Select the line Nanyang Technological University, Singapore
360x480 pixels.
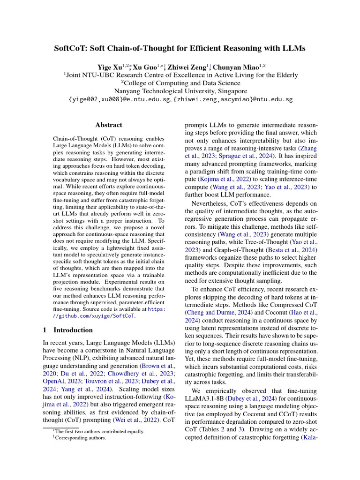[x=180, y=91]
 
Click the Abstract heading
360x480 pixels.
[x=109, y=125]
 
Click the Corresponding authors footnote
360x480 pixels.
[x=79, y=438]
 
